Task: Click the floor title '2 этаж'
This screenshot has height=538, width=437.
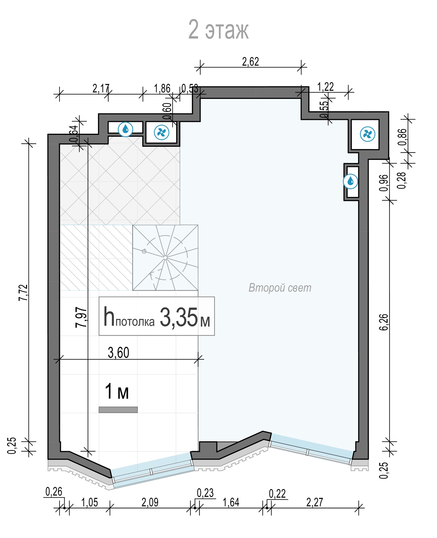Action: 218,30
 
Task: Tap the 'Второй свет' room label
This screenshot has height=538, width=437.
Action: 280,288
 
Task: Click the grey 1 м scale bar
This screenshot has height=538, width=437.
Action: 118,410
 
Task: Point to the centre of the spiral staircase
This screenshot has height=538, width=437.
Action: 165,257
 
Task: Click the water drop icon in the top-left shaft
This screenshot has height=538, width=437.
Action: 125,129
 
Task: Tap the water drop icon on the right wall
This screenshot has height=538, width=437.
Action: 350,181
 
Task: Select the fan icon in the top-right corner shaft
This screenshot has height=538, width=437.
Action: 368,134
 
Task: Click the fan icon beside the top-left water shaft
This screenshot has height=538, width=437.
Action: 161,132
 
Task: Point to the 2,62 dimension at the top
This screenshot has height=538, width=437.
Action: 251,62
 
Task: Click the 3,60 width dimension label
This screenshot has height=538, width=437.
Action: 119,353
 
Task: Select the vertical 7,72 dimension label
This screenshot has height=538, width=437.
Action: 23,292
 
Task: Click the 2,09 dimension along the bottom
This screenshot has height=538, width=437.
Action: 150,502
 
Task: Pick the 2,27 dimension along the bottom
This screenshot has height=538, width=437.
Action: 315,502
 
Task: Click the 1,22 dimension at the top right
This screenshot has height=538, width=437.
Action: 325,87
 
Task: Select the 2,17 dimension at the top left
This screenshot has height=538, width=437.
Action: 101,88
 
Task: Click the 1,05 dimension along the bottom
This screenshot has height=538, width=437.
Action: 90,502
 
